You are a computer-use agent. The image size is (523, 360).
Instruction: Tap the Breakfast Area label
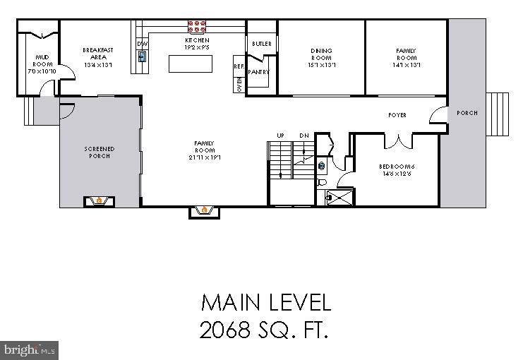tap(98, 57)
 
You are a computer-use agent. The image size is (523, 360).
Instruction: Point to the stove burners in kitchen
tap(197, 28)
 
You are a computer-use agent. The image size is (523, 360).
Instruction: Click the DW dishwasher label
tap(141, 44)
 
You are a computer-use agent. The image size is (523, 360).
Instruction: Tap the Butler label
tap(261, 44)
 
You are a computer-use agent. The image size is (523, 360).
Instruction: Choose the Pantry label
tap(259, 72)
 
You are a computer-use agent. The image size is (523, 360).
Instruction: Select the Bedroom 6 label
tap(396, 170)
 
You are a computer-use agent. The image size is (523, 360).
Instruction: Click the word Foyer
tap(397, 115)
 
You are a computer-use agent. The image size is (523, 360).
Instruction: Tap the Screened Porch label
tap(100, 152)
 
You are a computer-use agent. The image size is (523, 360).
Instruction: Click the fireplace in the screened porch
tap(100, 200)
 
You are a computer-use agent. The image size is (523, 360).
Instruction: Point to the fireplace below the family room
tap(205, 210)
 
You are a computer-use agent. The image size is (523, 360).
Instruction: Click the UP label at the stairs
tap(280, 135)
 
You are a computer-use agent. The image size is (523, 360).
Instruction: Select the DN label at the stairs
tap(304, 135)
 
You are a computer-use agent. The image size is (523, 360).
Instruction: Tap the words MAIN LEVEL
tap(265, 303)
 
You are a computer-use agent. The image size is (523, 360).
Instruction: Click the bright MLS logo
tap(30, 349)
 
